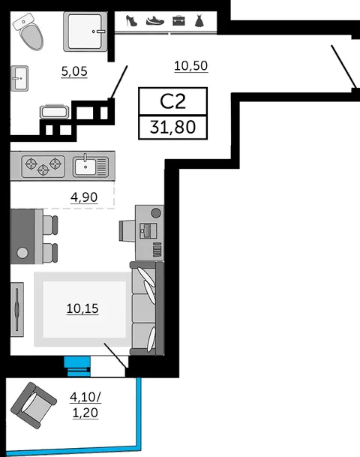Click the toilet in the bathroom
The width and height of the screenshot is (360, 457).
(x=28, y=32)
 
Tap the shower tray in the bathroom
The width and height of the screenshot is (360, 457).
(x=85, y=32)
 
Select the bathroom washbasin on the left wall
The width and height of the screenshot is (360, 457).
(x=19, y=78)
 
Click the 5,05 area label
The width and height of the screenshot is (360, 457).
(x=74, y=71)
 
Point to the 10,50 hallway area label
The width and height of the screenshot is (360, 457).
(x=190, y=66)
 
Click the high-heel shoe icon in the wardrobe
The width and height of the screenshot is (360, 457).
(x=131, y=21)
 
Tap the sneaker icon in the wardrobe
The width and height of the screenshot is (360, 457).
(x=155, y=21)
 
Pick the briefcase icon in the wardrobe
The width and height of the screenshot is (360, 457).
(x=178, y=21)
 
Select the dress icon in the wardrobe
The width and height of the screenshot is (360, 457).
(x=199, y=21)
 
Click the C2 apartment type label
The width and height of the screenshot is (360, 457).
(x=172, y=101)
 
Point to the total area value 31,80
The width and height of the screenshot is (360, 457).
(x=172, y=128)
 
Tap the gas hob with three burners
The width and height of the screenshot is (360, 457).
(x=43, y=166)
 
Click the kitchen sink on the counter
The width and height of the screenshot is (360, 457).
(x=91, y=166)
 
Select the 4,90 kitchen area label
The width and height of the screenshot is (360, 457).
(x=84, y=197)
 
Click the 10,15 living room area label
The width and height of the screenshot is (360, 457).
(x=82, y=308)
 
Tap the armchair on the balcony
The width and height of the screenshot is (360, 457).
(x=34, y=405)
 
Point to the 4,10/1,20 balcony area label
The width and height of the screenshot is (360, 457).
(x=85, y=404)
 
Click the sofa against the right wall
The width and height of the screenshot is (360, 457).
(x=147, y=308)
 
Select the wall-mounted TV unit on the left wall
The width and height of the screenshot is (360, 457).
(x=17, y=309)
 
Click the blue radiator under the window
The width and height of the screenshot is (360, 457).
(x=77, y=367)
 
